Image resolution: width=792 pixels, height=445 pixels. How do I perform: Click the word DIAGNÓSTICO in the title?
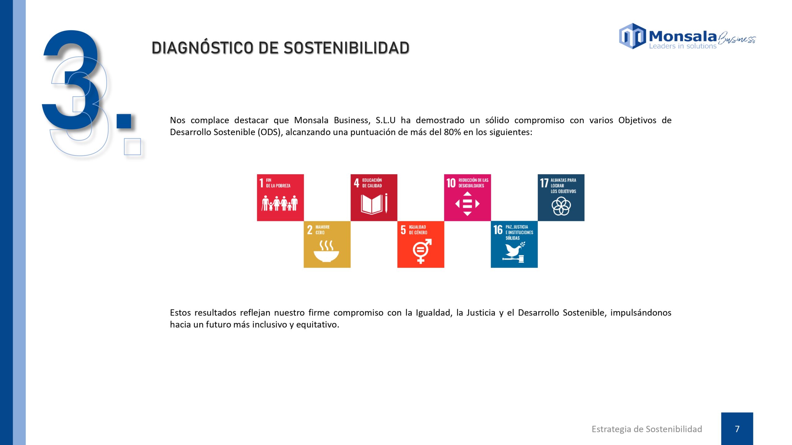(202, 48)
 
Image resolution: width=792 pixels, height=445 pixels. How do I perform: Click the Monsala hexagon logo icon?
(632, 36)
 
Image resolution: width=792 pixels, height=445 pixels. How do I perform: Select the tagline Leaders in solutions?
(682, 46)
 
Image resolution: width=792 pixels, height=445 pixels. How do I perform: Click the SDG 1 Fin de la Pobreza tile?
(280, 197)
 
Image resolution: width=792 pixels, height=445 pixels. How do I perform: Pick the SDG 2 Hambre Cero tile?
(327, 244)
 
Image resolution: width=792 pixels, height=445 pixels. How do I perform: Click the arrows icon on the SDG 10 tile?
(467, 204)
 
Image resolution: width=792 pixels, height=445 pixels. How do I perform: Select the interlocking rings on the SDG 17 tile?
(561, 206)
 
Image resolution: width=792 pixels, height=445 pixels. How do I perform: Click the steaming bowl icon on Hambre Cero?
(326, 252)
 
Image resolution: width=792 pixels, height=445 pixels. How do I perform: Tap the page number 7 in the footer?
(737, 429)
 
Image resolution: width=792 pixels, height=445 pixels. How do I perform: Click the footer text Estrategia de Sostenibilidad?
(647, 429)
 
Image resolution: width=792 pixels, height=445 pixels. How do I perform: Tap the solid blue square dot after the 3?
(124, 121)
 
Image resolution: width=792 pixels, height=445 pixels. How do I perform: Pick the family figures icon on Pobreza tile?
(280, 203)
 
